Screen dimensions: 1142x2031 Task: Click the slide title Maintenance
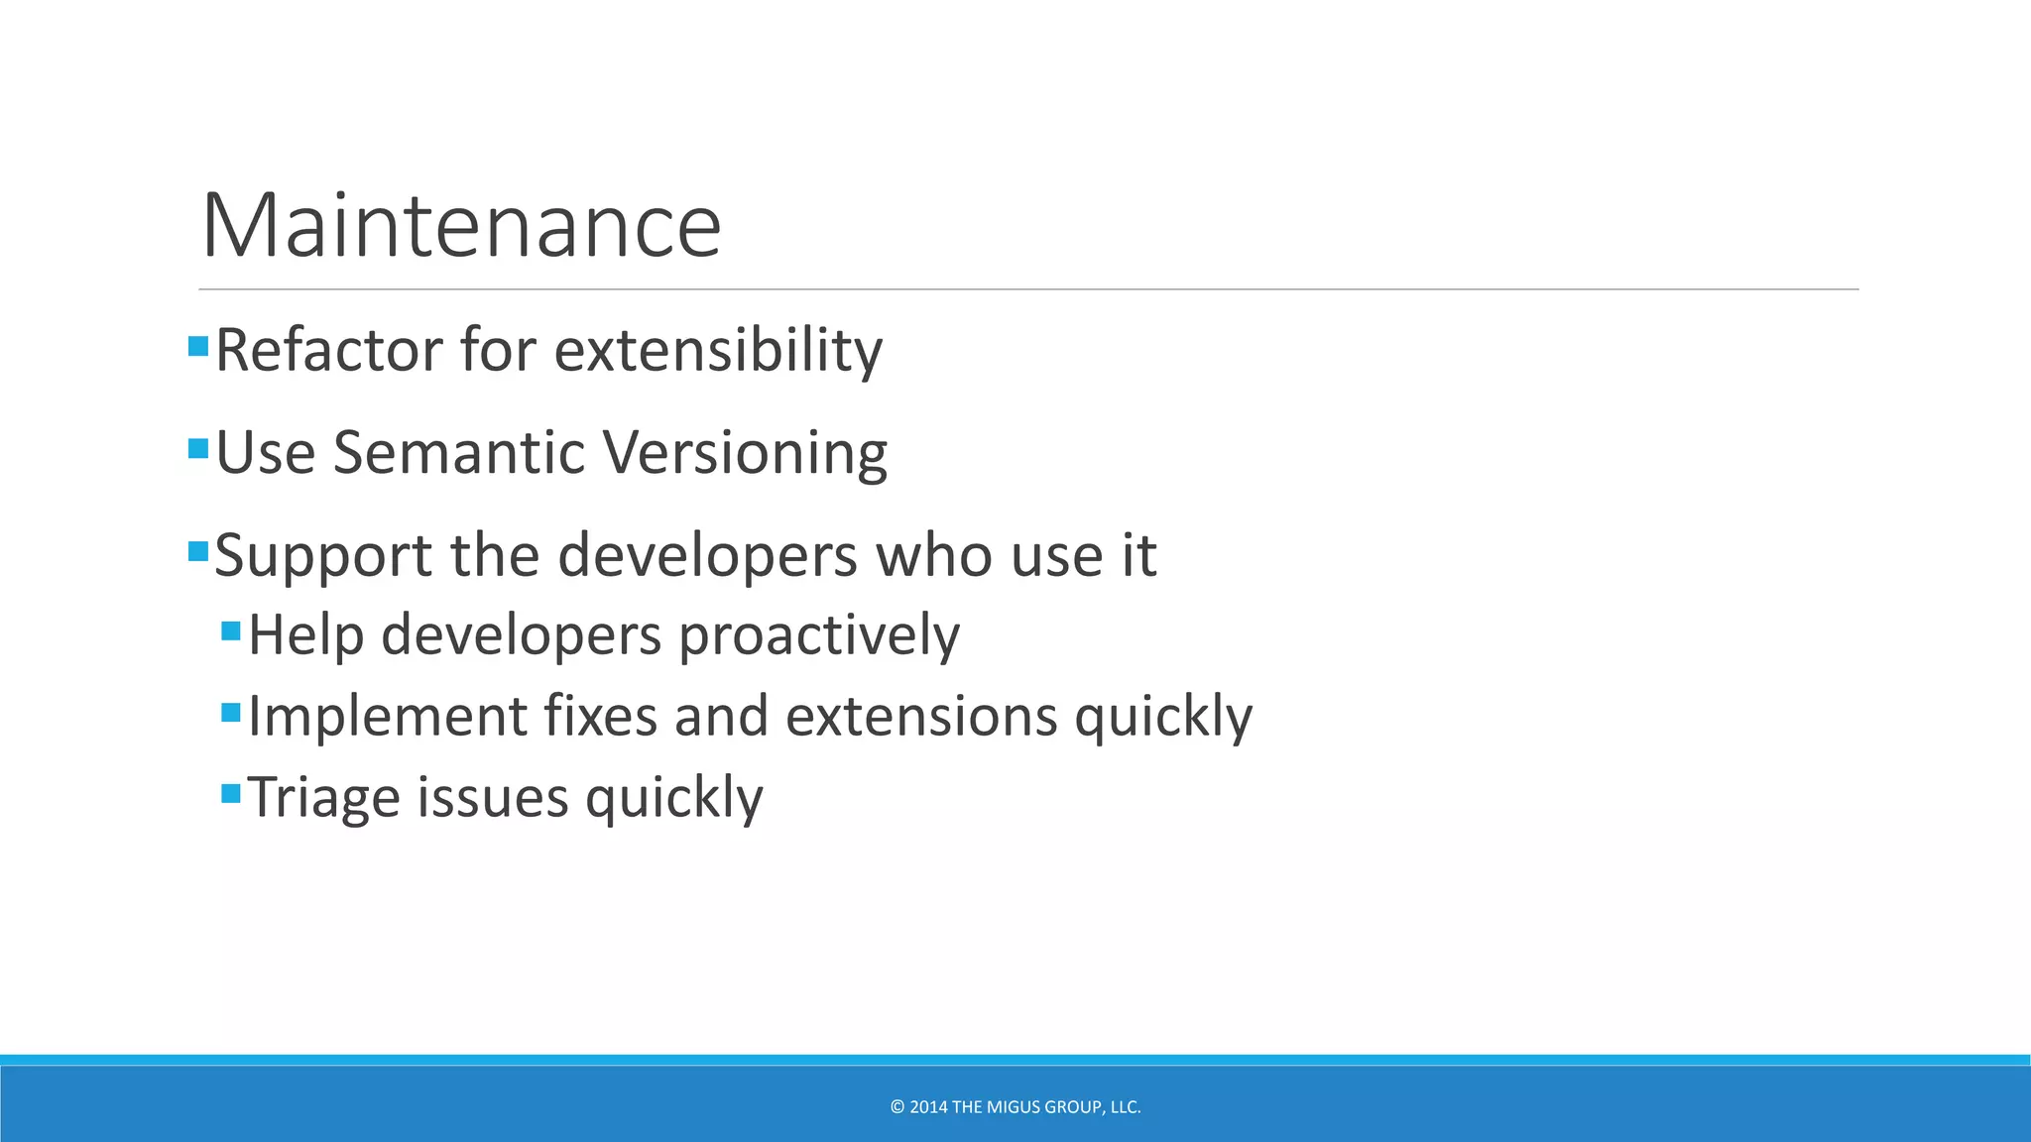coord(461,226)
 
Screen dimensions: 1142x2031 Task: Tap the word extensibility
coord(718,350)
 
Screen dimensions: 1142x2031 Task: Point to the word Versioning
coord(745,453)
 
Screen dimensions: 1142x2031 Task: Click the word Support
coord(323,555)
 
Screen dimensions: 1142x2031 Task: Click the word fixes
coord(600,716)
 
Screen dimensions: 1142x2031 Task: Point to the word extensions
coord(921,716)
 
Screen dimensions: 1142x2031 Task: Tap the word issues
coord(492,797)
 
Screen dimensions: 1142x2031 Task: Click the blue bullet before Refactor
coord(198,346)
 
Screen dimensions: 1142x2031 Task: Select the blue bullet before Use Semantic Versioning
coord(198,449)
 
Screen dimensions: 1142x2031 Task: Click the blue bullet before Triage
coord(231,793)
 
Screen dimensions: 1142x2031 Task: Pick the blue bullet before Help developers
coord(231,630)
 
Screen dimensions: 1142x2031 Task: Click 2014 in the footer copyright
coord(928,1107)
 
